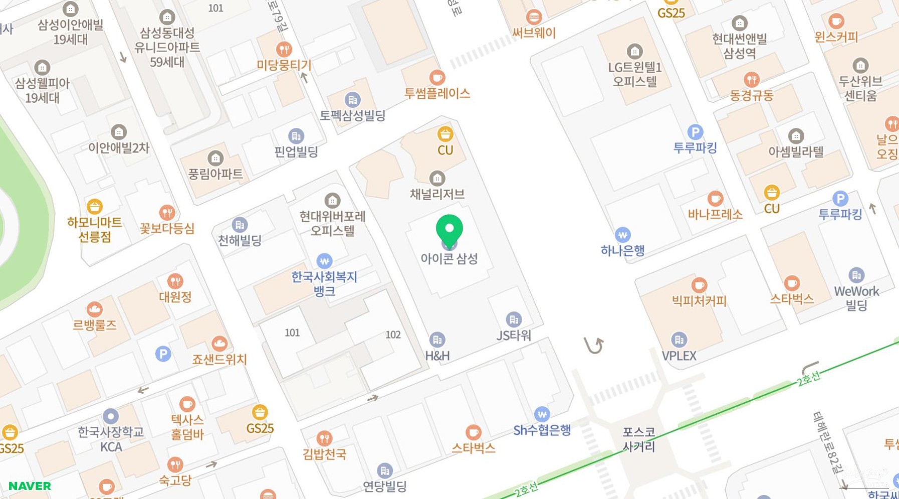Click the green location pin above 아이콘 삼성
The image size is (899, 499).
pyautogui.click(x=449, y=230)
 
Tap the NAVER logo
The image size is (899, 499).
pyautogui.click(x=30, y=486)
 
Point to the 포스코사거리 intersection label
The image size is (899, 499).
pyautogui.click(x=638, y=439)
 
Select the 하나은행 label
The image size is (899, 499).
pyautogui.click(x=622, y=250)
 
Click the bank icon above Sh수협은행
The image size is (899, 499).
pyautogui.click(x=542, y=414)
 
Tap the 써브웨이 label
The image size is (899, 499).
pyautogui.click(x=534, y=33)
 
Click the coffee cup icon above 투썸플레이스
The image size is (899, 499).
pyautogui.click(x=437, y=78)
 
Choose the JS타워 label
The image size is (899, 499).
pyautogui.click(x=514, y=335)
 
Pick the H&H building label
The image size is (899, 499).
pyautogui.click(x=437, y=356)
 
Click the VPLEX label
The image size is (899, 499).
pyautogui.click(x=679, y=356)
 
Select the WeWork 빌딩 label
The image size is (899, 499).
pyautogui.click(x=856, y=298)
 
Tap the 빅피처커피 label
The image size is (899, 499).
pyautogui.click(x=699, y=301)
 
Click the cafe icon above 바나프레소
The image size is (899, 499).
pyautogui.click(x=715, y=198)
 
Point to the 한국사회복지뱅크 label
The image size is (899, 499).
pyautogui.click(x=324, y=283)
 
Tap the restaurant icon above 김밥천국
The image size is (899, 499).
pyautogui.click(x=324, y=438)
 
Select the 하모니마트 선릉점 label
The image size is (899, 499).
pyautogui.click(x=95, y=229)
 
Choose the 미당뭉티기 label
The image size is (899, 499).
pyautogui.click(x=284, y=65)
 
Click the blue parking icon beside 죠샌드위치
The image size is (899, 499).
pyautogui.click(x=163, y=354)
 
